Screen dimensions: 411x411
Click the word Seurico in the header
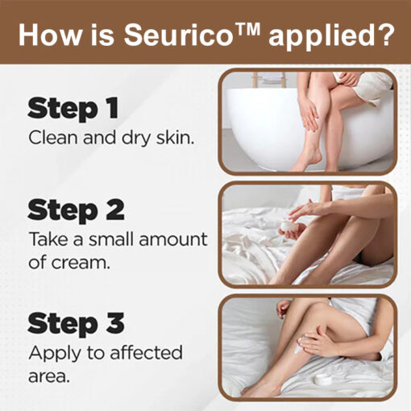tap(179, 35)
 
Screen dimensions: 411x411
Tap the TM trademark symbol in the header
tap(248, 29)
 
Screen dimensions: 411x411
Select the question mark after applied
tap(385, 35)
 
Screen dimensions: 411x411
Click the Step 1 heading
tap(73, 108)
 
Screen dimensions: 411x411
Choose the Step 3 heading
tap(76, 323)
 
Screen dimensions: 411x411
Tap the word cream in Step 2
tap(81, 262)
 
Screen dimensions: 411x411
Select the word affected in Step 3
tap(147, 352)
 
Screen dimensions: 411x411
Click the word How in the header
tap(50, 35)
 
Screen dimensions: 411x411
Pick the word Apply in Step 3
tap(55, 354)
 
